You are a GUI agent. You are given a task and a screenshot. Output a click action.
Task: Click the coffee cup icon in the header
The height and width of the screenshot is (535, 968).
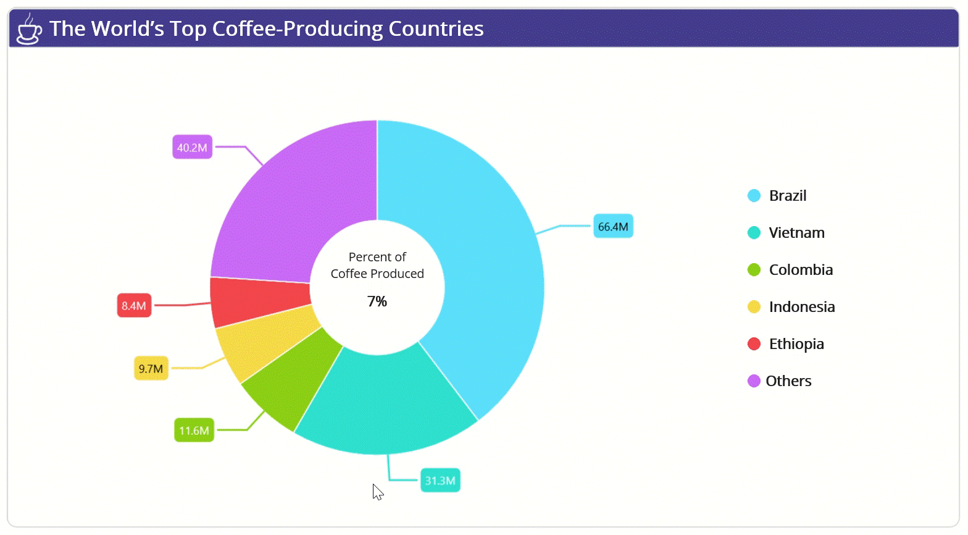pyautogui.click(x=29, y=29)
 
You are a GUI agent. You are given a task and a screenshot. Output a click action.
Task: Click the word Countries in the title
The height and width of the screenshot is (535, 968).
pyautogui.click(x=436, y=28)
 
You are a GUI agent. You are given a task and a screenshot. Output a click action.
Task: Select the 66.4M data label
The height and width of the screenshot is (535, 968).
pyautogui.click(x=613, y=226)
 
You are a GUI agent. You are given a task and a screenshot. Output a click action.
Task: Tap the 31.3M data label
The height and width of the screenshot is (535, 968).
pyautogui.click(x=440, y=480)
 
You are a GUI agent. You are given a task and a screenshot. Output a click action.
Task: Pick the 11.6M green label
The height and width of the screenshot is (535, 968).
pyautogui.click(x=194, y=431)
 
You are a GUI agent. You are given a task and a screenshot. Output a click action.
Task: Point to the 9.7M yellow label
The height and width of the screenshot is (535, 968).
pyautogui.click(x=151, y=368)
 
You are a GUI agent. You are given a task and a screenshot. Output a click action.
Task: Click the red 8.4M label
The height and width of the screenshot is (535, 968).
pyautogui.click(x=134, y=305)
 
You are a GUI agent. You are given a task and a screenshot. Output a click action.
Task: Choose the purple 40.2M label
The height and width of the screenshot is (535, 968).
pyautogui.click(x=193, y=147)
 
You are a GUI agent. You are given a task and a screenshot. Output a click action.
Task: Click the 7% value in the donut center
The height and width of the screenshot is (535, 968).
pyautogui.click(x=377, y=301)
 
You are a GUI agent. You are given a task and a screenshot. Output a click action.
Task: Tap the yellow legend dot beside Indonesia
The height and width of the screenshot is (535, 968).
pyautogui.click(x=754, y=307)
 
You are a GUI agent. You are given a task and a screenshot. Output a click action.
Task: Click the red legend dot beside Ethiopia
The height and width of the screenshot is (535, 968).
pyautogui.click(x=754, y=344)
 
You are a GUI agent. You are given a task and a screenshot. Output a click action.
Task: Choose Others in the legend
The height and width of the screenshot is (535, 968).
pyautogui.click(x=789, y=381)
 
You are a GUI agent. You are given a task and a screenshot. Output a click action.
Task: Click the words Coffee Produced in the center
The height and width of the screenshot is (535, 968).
pyautogui.click(x=377, y=274)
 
